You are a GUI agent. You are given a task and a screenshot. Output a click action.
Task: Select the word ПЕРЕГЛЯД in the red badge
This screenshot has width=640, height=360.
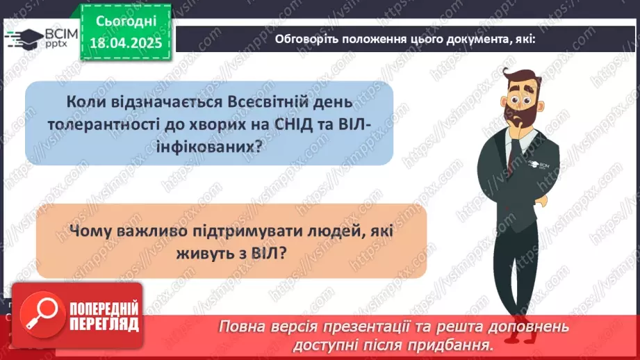[103, 325]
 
